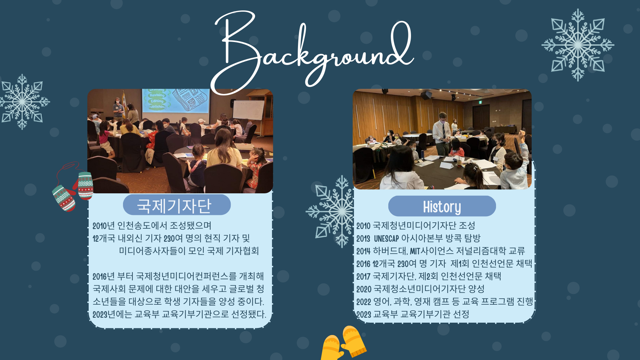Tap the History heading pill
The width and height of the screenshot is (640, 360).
442,206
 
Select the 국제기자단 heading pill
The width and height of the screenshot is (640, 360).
177,205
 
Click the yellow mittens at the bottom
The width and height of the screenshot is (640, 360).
343,343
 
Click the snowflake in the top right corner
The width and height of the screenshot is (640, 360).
578,45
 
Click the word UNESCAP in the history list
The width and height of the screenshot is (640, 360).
386,239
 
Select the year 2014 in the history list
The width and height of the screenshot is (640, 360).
363,251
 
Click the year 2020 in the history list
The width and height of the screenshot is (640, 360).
364,289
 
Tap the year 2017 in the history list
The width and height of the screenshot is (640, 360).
363,277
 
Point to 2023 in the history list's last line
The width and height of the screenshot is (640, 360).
364,315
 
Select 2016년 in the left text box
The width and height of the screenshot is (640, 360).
104,277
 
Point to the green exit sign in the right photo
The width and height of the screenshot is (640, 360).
479,102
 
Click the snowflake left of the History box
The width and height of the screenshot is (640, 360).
330,212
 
